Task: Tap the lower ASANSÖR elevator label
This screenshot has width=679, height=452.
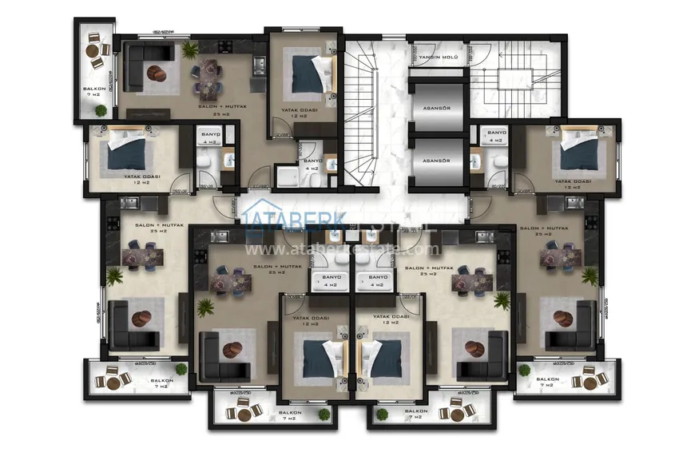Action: [x=435, y=161]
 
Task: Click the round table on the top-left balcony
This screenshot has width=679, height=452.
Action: [x=96, y=62]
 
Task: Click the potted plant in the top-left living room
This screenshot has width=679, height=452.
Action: [x=190, y=50]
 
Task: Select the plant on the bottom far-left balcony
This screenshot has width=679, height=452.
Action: [x=181, y=369]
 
